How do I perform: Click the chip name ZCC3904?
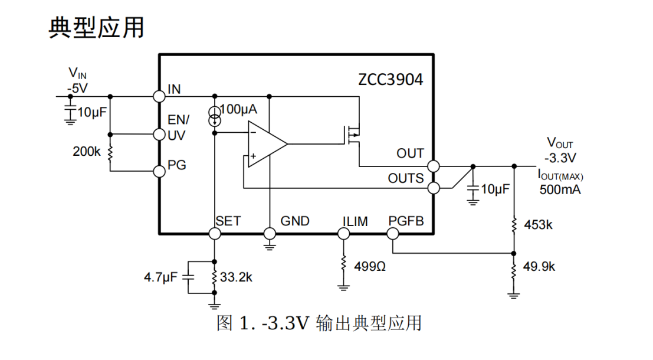point(391,80)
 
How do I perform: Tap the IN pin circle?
point(158,96)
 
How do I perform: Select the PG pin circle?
point(158,171)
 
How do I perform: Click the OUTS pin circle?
point(434,188)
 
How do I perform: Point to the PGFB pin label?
point(406,221)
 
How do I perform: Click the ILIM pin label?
point(355,221)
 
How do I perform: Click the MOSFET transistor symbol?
point(352,135)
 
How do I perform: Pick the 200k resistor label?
point(87,152)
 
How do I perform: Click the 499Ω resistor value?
point(370,266)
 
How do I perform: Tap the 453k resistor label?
point(539,225)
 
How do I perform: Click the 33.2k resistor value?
point(236,277)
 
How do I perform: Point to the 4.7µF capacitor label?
point(160,277)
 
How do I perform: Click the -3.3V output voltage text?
point(560,158)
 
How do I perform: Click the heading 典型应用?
point(96,27)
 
